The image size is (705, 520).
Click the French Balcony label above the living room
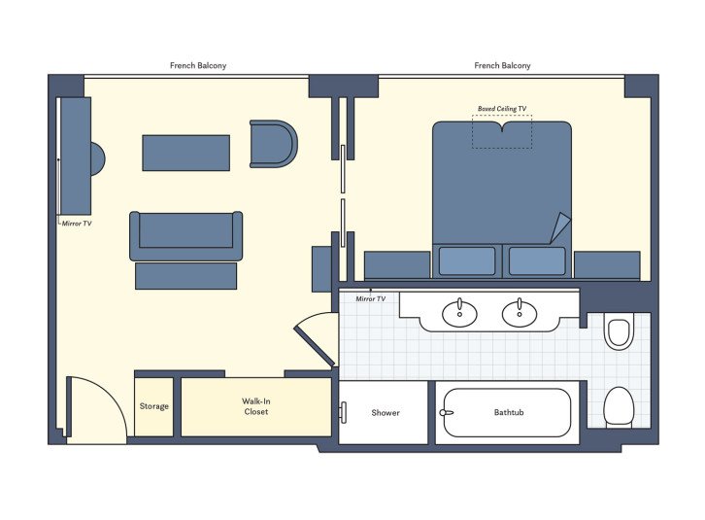[198, 66]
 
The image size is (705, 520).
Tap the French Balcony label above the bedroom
[502, 66]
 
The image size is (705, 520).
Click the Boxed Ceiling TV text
[502, 109]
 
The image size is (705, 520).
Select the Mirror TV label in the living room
[76, 223]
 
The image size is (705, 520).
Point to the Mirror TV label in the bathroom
[370, 298]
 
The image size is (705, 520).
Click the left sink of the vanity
[458, 312]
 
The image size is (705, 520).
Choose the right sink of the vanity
[520, 312]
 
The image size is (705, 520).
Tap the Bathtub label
[508, 413]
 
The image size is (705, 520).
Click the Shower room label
[386, 413]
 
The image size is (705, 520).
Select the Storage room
[153, 406]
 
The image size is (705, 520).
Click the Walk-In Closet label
[255, 406]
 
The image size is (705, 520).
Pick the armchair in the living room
[272, 144]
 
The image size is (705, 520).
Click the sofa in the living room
[185, 234]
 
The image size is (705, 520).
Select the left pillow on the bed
[467, 260]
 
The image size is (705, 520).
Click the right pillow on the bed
[537, 260]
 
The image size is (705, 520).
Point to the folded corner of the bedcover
[560, 229]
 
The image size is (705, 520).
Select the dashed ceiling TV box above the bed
[502, 132]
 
